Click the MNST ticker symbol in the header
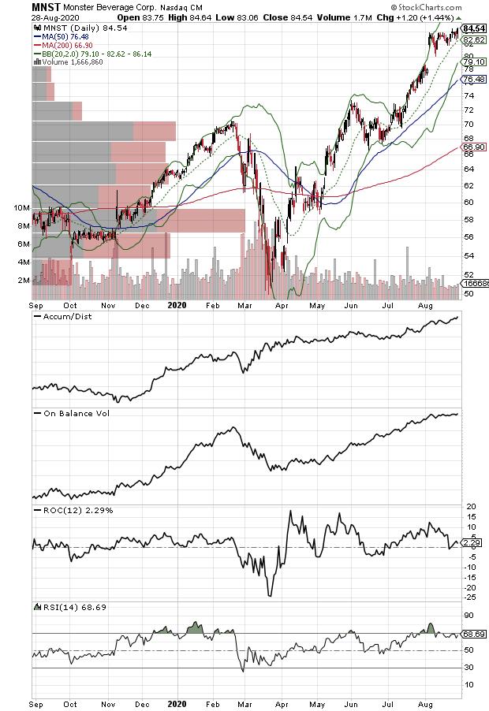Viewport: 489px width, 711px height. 18,6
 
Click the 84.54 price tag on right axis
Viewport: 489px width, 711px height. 472,28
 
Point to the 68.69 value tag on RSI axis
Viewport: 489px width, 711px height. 472,634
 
